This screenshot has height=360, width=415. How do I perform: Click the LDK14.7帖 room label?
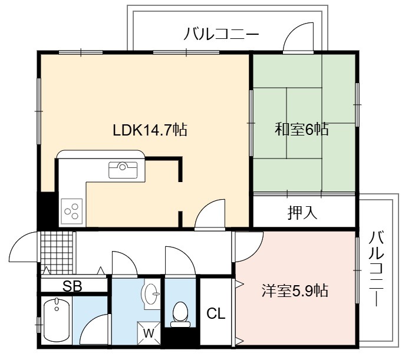pyautogui.click(x=150, y=130)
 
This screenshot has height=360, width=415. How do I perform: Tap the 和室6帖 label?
pyautogui.click(x=302, y=130)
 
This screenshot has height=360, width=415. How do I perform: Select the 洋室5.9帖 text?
pyautogui.click(x=295, y=290)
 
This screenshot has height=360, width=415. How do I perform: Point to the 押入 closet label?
pyautogui.click(x=302, y=212)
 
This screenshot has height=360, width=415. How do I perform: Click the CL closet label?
pyautogui.click(x=216, y=313)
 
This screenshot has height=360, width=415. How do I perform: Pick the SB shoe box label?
pyautogui.click(x=73, y=286)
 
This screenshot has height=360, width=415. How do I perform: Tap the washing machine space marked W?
pyautogui.click(x=149, y=333)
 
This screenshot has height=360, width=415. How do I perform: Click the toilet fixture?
pyautogui.click(x=180, y=315)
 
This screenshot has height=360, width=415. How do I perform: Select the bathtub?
pyautogui.click(x=57, y=319)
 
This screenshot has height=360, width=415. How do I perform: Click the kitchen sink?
pyautogui.click(x=123, y=170)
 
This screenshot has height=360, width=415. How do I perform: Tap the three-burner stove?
pyautogui.click(x=72, y=212)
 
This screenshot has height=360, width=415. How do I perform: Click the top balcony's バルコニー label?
pyautogui.click(x=221, y=34)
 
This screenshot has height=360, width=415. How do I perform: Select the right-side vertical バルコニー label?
pyautogui.click(x=376, y=268)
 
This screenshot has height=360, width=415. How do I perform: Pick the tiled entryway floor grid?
pyautogui.click(x=57, y=253)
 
